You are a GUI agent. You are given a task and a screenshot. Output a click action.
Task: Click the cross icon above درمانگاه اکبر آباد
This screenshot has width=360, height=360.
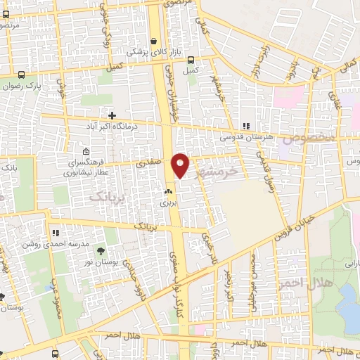point(112,115)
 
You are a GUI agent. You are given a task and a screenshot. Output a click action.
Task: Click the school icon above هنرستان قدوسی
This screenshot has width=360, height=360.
point(245,126)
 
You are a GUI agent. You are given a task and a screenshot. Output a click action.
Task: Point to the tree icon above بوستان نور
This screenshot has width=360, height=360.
point(101,250)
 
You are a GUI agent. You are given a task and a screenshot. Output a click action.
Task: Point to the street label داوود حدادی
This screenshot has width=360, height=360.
point(131,271)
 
